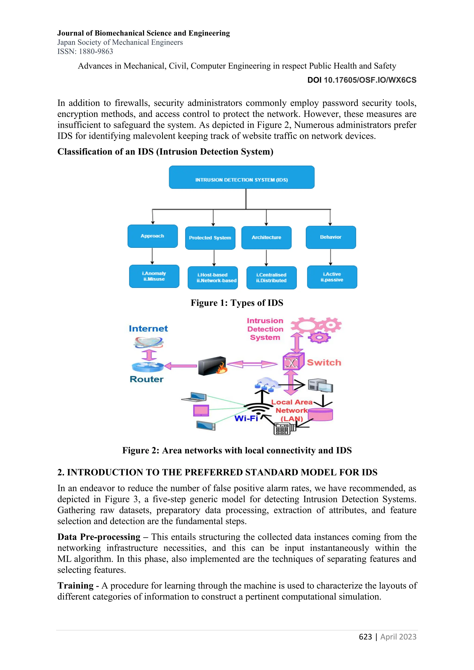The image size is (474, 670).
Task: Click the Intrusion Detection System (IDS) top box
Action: (242, 177)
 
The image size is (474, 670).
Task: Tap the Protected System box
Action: (210, 238)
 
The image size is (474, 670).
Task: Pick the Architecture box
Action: (266, 238)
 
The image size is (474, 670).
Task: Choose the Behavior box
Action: (331, 237)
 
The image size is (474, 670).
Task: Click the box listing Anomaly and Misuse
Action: (154, 276)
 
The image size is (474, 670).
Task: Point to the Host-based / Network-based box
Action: (213, 278)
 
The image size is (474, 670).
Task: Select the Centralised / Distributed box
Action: (271, 278)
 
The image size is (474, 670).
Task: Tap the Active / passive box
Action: (332, 277)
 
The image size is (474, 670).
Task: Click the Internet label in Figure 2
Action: (148, 329)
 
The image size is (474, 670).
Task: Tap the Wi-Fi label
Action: (246, 419)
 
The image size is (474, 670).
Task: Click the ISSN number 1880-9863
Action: (96, 52)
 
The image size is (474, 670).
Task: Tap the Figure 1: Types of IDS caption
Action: (237, 303)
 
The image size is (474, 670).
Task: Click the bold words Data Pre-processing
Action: (99, 537)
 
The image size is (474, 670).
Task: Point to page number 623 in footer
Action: (365, 637)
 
